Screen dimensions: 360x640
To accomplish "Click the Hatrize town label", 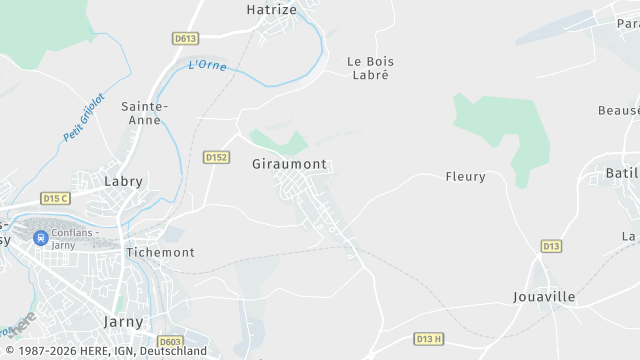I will point(271,9).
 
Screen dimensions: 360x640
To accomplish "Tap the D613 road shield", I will point(185,39).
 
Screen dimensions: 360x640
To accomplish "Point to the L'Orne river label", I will point(207,66).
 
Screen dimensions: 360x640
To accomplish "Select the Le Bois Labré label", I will point(367,67).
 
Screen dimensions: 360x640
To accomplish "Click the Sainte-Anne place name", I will point(145,112).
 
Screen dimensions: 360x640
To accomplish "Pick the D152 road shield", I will point(216,157).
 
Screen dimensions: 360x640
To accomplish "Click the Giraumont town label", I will point(290,164).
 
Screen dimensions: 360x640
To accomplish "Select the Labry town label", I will point(124,182).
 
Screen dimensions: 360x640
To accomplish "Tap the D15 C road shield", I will point(55,198).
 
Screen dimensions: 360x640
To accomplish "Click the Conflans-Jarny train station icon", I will point(40,238).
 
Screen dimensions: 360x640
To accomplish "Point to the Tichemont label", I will point(160,253).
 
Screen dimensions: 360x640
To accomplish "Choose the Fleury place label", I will point(465,177).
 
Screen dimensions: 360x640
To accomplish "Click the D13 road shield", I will point(551,245).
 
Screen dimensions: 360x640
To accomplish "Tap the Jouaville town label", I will point(544,297).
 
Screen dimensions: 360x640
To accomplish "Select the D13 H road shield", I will point(428,339).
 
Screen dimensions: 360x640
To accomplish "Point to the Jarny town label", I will point(124,322).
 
